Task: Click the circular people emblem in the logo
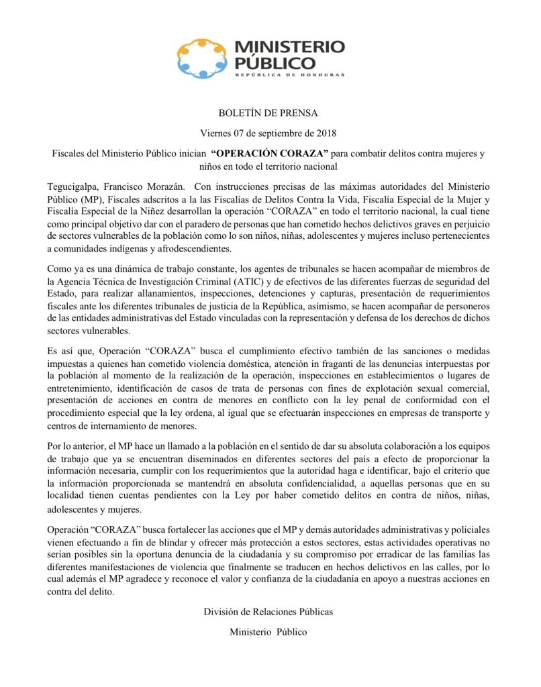tap(202, 58)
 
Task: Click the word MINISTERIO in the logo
tap(289, 48)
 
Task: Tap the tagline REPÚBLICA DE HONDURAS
tap(289, 75)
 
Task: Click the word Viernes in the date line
tap(217, 133)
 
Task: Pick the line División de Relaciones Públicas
tap(268, 612)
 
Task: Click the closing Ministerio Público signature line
tap(268, 632)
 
